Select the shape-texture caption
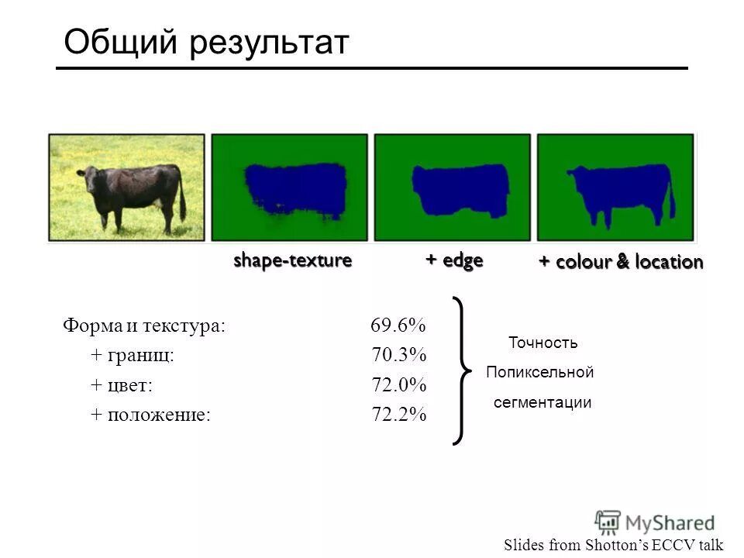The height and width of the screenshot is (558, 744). click(293, 260)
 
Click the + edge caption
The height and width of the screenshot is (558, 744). click(454, 260)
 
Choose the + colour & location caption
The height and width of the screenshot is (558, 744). click(621, 262)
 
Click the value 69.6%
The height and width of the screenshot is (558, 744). click(398, 325)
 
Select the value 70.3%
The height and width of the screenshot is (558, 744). click(398, 355)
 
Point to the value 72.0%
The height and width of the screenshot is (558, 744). click(398, 385)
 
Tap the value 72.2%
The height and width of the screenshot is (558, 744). click(398, 415)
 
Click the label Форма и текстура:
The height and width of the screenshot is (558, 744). click(144, 325)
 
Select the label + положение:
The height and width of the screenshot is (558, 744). click(150, 415)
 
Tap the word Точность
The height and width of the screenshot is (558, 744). click(542, 343)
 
